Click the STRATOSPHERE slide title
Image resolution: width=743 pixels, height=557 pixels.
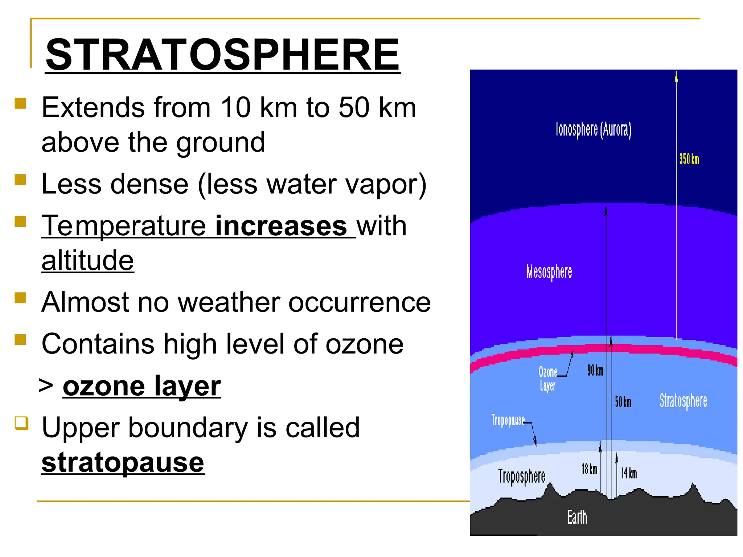coord(222,55)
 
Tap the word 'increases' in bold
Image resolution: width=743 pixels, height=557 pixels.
coord(281,226)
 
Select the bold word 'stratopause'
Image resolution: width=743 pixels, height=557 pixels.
coord(123,463)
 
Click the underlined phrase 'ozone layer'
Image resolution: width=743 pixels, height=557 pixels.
coord(141,386)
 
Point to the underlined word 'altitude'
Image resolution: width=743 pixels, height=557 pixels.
coord(87,260)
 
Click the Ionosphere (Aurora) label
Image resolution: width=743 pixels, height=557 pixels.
coord(594,130)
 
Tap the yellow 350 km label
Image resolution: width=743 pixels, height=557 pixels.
coord(689,159)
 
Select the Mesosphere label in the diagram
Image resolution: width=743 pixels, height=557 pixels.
coord(549,272)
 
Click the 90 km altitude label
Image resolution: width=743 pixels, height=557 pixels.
coord(595,371)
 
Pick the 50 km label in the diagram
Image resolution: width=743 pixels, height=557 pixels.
coord(623,402)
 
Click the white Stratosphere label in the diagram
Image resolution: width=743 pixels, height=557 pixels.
coord(683,401)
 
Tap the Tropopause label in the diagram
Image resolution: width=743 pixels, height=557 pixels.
coord(508,420)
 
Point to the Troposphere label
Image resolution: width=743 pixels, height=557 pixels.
coord(522,476)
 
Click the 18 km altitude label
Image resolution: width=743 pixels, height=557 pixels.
coord(589,469)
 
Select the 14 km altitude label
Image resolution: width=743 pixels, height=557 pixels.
coord(629,473)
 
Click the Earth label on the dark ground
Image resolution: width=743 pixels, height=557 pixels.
coord(577,517)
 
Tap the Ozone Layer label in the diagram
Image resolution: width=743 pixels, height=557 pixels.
coord(547,378)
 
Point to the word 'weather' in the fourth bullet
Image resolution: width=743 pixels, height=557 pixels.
coord(229,302)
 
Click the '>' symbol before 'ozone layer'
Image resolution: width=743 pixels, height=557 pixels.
coord(46,385)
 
